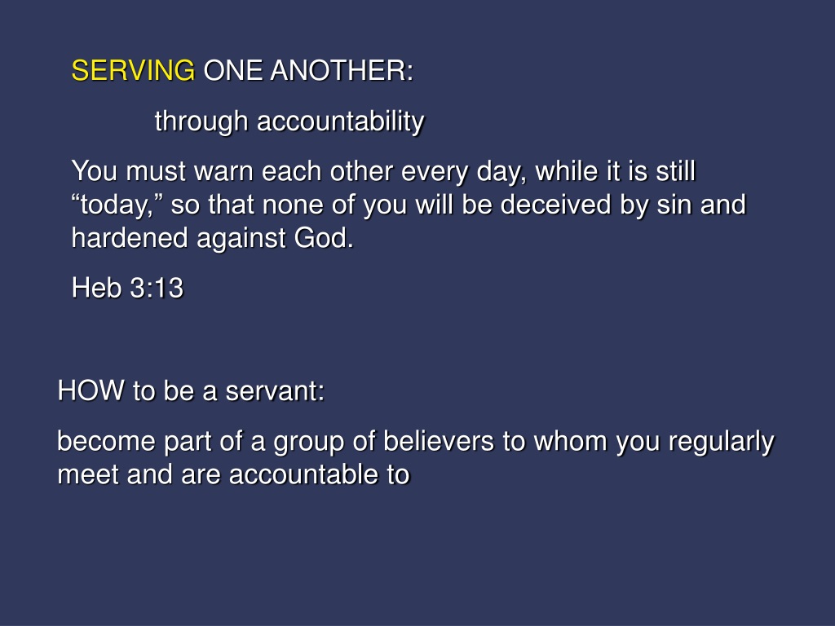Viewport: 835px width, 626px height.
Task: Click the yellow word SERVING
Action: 133,70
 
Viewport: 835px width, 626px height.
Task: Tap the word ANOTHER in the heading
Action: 342,70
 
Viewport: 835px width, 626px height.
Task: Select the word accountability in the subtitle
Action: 340,122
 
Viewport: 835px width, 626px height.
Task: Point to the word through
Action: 201,122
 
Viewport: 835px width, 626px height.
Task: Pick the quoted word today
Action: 113,205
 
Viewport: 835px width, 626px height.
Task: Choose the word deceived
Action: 555,205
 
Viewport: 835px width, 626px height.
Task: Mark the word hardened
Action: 130,237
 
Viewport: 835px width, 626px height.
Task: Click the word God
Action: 324,237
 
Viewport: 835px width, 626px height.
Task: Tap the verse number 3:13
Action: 157,288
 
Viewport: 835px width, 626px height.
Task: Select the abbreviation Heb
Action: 96,288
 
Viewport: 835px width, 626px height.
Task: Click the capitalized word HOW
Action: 91,390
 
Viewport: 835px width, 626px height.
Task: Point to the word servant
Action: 275,390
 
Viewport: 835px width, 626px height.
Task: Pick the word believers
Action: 438,441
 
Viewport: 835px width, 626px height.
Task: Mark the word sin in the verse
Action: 674,205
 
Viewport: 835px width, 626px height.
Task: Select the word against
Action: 241,239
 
